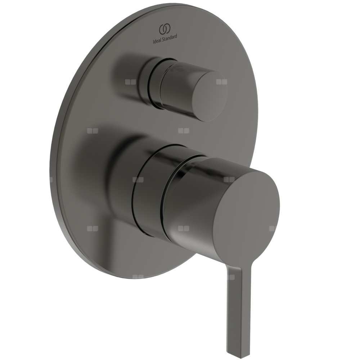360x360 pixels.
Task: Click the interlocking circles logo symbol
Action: [165, 29]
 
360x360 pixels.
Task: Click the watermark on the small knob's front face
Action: [221, 82]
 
